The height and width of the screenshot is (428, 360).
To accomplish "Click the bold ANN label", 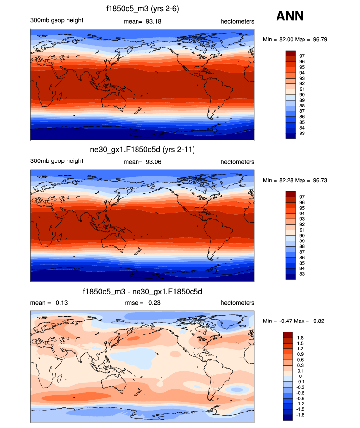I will click(x=290, y=16).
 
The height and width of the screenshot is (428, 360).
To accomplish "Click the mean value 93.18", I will click(x=154, y=21).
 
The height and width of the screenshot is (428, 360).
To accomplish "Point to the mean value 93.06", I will click(x=154, y=162).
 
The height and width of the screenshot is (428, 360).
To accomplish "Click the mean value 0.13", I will click(x=61, y=303).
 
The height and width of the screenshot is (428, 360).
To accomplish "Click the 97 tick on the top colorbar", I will click(x=302, y=56).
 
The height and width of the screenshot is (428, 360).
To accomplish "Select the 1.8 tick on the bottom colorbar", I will click(x=301, y=338).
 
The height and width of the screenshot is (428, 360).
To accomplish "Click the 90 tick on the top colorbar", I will click(x=302, y=95).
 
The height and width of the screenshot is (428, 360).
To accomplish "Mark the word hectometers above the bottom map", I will click(x=237, y=303).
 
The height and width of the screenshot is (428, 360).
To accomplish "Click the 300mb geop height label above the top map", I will click(x=56, y=21).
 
